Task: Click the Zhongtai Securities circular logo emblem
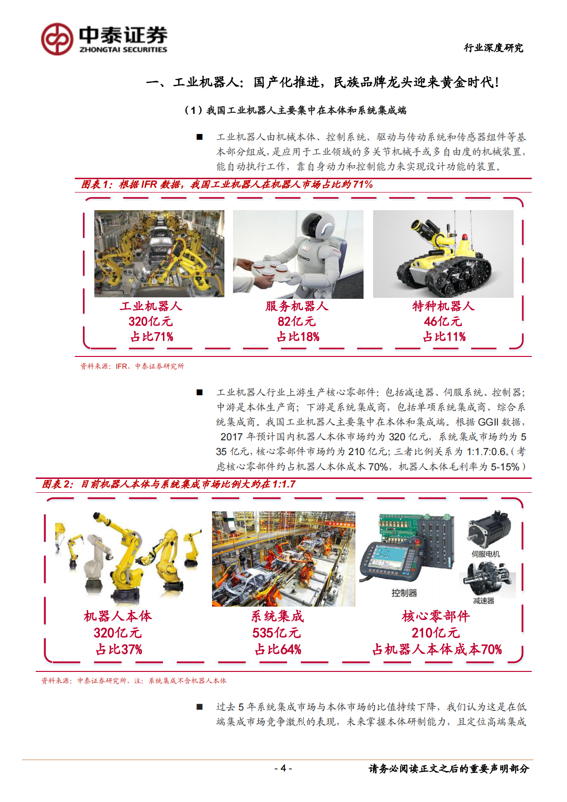tap(57, 39)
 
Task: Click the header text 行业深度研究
tap(493, 48)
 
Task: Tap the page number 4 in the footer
tap(283, 768)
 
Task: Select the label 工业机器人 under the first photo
tap(151, 306)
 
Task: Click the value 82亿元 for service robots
tap(296, 322)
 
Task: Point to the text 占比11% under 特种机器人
tap(444, 337)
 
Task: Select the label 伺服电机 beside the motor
tap(486, 554)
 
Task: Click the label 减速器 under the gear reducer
tap(483, 601)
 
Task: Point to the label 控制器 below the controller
tap(404, 593)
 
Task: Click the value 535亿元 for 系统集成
tap(276, 633)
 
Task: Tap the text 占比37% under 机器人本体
tap(119, 650)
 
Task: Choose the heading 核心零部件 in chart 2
tap(435, 616)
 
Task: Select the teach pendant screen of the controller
tap(385, 558)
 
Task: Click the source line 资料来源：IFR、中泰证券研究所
tap(132, 366)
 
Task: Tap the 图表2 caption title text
tap(169, 484)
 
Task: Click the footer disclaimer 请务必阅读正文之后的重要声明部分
tap(448, 769)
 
